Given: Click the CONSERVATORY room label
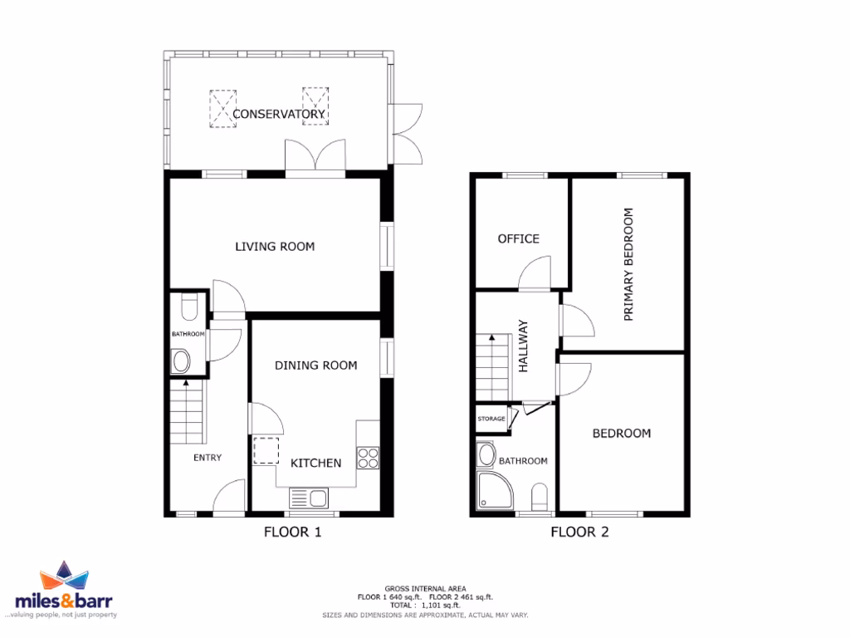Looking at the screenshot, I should pyautogui.click(x=278, y=114).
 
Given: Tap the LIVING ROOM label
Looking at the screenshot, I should pyautogui.click(x=275, y=247).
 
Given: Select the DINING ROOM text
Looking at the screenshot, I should pyautogui.click(x=315, y=365).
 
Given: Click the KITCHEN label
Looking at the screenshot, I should pyautogui.click(x=315, y=463).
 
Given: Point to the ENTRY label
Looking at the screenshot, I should pyautogui.click(x=208, y=458).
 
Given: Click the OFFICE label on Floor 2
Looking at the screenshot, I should pyautogui.click(x=518, y=238).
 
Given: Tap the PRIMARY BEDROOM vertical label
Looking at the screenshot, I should pyautogui.click(x=628, y=264).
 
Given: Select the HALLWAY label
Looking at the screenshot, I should pyautogui.click(x=524, y=347).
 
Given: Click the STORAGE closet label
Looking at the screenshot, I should pyautogui.click(x=491, y=420).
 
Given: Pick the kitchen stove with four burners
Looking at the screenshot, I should pyautogui.click(x=368, y=458).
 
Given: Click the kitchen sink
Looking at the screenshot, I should pyautogui.click(x=309, y=498).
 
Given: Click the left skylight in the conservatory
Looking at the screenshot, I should pyautogui.click(x=222, y=108).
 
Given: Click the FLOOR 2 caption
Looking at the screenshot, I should pyautogui.click(x=579, y=532).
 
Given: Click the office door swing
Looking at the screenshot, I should pyautogui.click(x=533, y=274).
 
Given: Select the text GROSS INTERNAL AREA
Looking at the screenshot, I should pyautogui.click(x=425, y=587).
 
